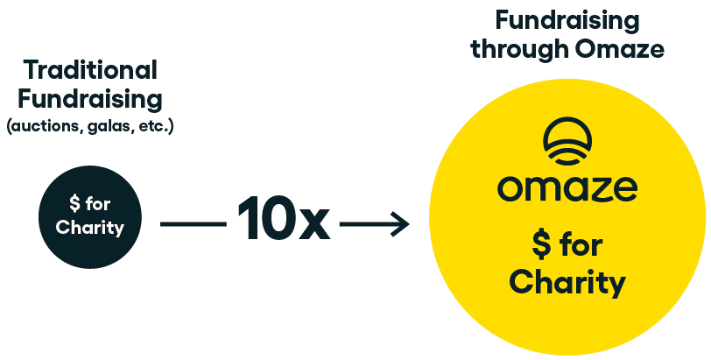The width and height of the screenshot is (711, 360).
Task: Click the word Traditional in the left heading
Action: (x=90, y=70)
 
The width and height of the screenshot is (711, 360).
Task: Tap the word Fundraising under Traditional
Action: (x=90, y=99)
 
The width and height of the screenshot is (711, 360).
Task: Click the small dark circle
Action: (x=90, y=217)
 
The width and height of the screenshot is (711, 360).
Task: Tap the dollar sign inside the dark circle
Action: (x=75, y=204)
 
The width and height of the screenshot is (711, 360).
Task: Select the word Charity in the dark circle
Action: (x=90, y=228)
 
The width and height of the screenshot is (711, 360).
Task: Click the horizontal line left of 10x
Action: (x=194, y=224)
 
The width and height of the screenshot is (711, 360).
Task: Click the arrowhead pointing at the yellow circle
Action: (x=401, y=224)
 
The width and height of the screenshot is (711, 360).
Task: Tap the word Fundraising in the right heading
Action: (x=567, y=20)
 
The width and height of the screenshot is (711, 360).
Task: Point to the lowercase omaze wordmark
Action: (x=567, y=188)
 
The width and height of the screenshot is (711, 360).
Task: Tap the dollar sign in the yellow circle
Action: (x=542, y=245)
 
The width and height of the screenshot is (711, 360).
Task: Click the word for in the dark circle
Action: (x=97, y=203)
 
